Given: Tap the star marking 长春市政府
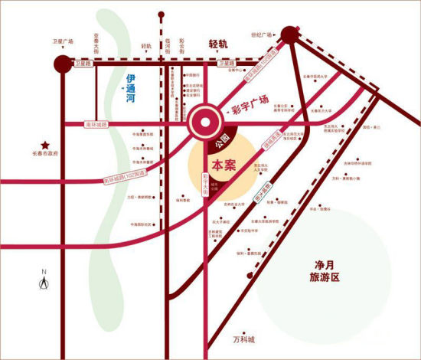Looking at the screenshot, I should (x=46, y=144).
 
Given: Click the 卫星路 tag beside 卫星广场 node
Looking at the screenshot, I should (x=85, y=64).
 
